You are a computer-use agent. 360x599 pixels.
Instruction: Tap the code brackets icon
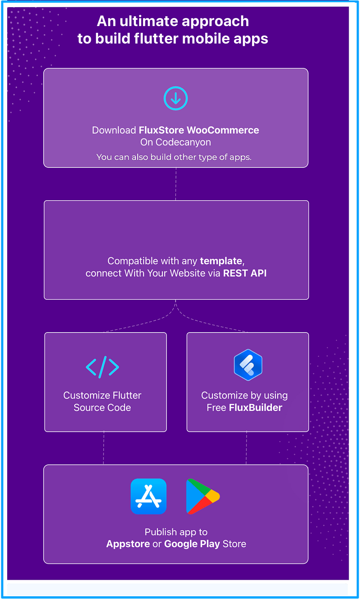[103, 367]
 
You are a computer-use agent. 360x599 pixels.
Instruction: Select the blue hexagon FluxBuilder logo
[248, 365]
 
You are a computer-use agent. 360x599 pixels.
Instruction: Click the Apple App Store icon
[148, 496]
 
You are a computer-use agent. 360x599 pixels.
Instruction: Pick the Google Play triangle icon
[203, 496]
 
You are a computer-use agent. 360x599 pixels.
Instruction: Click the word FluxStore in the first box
[161, 130]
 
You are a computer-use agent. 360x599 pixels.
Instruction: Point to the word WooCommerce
[223, 130]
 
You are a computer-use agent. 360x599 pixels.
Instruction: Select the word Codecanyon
[183, 142]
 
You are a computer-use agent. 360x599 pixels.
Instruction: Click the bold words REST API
[245, 273]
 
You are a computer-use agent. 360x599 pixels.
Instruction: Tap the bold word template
[221, 261]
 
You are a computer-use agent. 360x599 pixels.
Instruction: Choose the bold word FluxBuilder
[256, 408]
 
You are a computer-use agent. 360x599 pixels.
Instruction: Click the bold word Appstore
[128, 544]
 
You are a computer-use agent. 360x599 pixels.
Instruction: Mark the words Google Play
[192, 544]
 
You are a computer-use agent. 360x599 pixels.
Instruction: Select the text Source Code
[102, 408]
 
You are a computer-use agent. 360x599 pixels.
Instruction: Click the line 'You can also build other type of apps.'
[174, 157]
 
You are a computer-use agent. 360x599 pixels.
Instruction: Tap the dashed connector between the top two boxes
[175, 184]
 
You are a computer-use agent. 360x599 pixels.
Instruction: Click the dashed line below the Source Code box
[104, 448]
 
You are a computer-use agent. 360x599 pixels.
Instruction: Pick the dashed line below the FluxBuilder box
[246, 448]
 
